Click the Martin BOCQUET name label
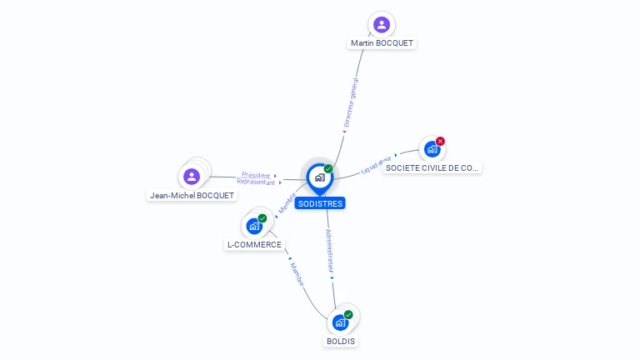pos(382,42)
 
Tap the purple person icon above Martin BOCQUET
pos(382,24)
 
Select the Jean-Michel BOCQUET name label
pos(192,195)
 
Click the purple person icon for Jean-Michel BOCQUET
pos(192,176)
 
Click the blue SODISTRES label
pos(319,203)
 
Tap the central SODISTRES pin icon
pos(318,177)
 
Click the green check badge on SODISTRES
pos(328,168)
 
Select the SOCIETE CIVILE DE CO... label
pos(432,167)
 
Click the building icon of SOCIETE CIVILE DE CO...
pos(432,149)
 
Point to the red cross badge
pos(440,141)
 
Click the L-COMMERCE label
pos(254,245)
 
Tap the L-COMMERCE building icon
pos(254,226)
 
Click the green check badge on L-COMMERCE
pos(262,217)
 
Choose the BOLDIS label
pos(340,341)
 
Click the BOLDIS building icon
pos(340,322)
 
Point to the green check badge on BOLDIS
pos(348,314)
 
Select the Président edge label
pos(256,175)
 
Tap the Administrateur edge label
pos(330,252)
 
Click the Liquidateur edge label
pos(377,165)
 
